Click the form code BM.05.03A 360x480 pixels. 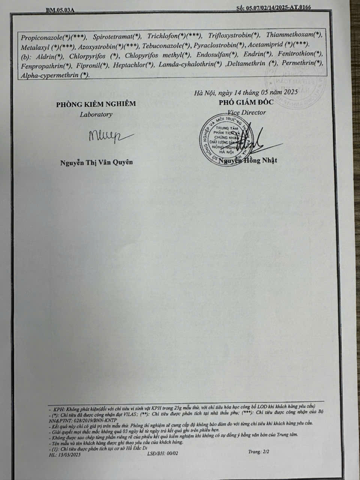pyautogui.click(x=60, y=10)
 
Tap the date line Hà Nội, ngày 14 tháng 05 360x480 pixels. pyautogui.click(x=246, y=92)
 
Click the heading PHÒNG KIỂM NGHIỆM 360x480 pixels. pyautogui.click(x=96, y=104)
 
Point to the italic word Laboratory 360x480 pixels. pyautogui.click(x=96, y=114)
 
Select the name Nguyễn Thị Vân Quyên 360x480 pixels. pyautogui.click(x=96, y=162)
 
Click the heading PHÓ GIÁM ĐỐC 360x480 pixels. pyautogui.click(x=246, y=102)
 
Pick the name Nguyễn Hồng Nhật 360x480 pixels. pyautogui.click(x=248, y=160)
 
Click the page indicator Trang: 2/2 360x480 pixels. pyautogui.click(x=258, y=451)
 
